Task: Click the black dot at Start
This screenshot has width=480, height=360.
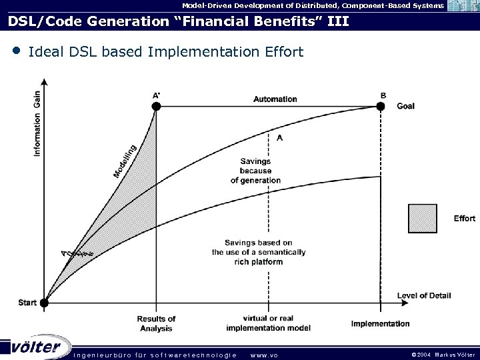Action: click(x=44, y=303)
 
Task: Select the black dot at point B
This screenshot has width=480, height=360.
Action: click(x=381, y=105)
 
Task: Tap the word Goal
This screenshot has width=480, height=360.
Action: click(x=405, y=106)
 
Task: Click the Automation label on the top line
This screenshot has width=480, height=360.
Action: click(x=275, y=99)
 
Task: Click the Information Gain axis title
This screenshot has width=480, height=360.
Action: click(x=37, y=124)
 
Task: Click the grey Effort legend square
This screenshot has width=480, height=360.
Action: click(x=424, y=218)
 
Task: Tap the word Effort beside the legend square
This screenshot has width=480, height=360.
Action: click(x=464, y=219)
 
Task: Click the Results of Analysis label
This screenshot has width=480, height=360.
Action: click(x=155, y=323)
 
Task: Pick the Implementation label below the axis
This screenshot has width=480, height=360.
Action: click(x=381, y=324)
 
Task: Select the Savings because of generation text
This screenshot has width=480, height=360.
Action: click(x=256, y=171)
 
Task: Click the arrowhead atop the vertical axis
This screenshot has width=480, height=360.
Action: click(x=44, y=83)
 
